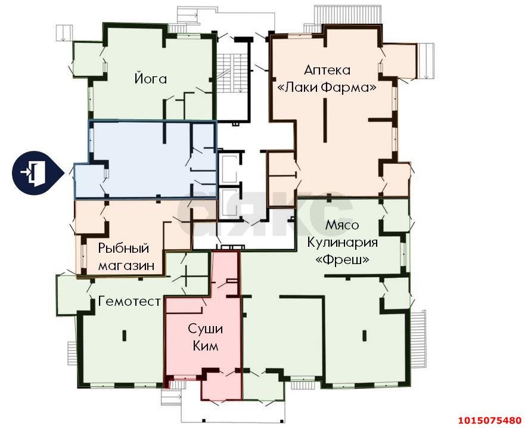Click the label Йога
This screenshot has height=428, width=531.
[x=151, y=78]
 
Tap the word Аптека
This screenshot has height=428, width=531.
[x=327, y=70]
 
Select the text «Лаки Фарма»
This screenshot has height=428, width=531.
[x=327, y=88]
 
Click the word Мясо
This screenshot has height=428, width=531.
[x=342, y=225]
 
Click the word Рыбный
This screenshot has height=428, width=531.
[x=123, y=248]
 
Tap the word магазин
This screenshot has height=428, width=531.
[x=126, y=265]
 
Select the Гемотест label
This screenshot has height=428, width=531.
[x=129, y=301]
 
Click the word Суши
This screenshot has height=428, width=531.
[x=205, y=329]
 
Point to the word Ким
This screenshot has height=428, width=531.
[x=205, y=346]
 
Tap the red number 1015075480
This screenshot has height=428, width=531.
[x=490, y=421]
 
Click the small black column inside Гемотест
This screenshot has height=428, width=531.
[x=124, y=335]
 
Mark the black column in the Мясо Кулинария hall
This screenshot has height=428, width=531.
[x=364, y=335]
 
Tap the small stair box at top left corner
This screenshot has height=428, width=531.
[x=64, y=33]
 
